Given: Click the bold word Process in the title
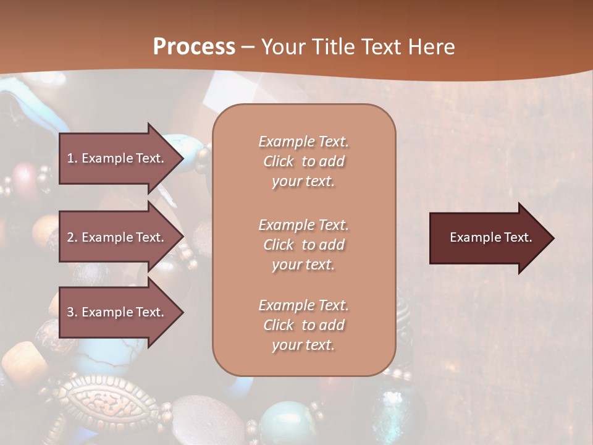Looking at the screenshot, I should click(194, 47).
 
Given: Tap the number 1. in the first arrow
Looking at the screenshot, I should click(72, 158).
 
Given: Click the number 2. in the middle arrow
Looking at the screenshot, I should click(72, 237).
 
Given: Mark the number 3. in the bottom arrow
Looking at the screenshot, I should click(72, 312).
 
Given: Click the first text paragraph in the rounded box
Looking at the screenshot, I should click(303, 161).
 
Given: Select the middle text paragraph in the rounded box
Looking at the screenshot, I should click(303, 245).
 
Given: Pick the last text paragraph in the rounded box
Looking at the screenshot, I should click(303, 325).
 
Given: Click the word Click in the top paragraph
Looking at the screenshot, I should click(279, 161).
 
